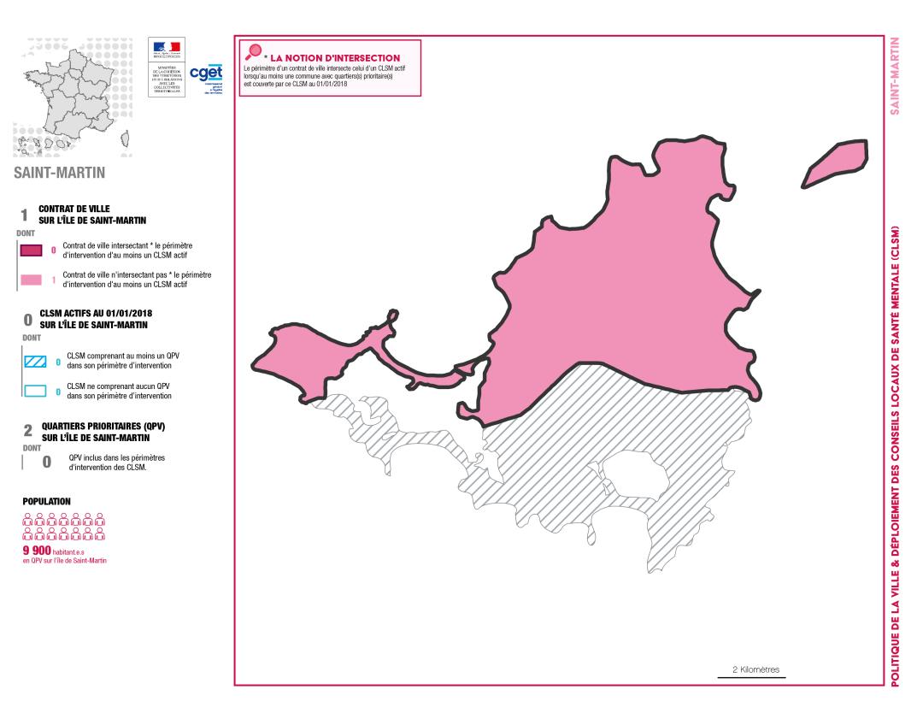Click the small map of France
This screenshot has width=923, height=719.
click(73, 96)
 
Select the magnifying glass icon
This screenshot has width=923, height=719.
click(252, 52)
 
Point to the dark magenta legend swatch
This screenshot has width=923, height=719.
click(32, 250)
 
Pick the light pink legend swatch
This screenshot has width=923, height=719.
click(32, 280)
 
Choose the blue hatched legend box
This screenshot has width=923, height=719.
click(34, 361)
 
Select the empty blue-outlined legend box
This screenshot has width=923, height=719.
click(34, 392)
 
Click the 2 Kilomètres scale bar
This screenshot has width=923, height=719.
click(751, 677)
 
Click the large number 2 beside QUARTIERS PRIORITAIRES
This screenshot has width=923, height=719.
click(26, 433)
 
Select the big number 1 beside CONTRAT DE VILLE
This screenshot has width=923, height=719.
click(25, 215)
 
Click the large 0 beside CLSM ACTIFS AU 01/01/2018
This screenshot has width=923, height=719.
click(27, 320)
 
